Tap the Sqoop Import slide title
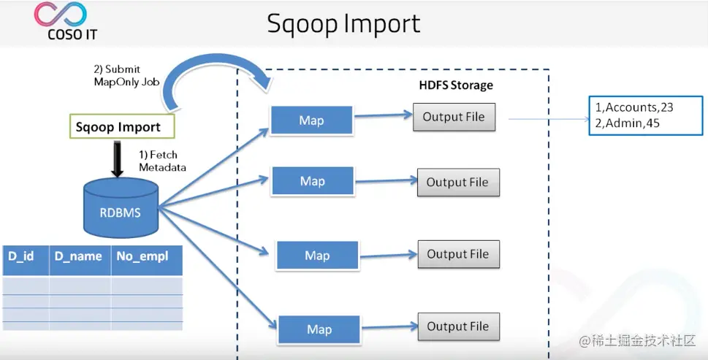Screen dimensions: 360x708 click(x=343, y=23)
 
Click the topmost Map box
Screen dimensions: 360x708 click(x=311, y=120)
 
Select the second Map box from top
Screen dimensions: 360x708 click(x=312, y=181)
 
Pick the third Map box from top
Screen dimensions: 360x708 click(x=317, y=256)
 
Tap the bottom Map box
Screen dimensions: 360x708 click(x=319, y=329)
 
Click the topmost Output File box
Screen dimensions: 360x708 click(x=454, y=117)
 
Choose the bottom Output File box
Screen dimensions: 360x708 click(x=457, y=326)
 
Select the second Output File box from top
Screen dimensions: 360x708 click(x=457, y=182)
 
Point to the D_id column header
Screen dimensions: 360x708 click(x=22, y=257)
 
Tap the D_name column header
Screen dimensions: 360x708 click(x=78, y=257)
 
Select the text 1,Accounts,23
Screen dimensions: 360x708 click(x=633, y=107)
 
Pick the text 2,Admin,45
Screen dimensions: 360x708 click(x=628, y=123)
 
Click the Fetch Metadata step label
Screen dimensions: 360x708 click(x=162, y=161)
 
